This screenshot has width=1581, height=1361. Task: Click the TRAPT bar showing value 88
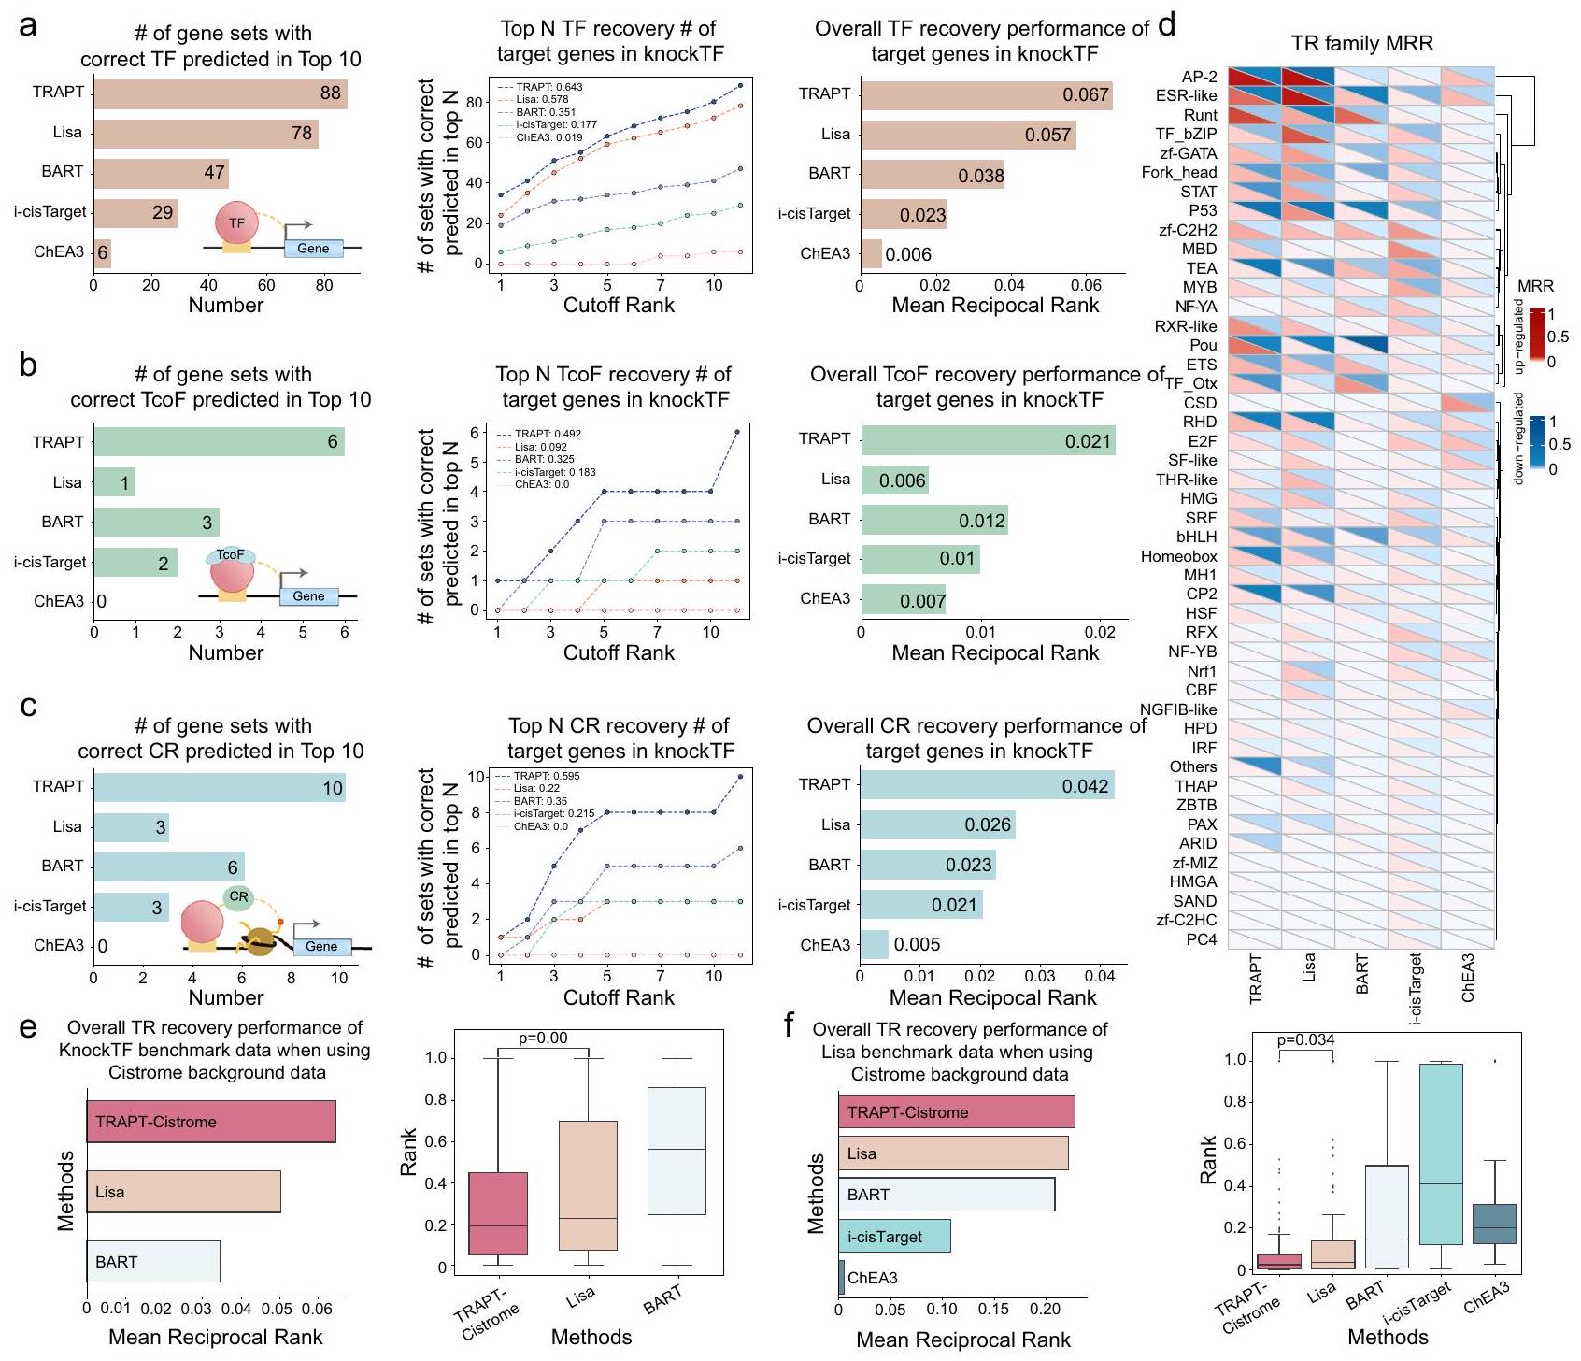point(221,93)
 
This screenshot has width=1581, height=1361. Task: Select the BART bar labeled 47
point(161,173)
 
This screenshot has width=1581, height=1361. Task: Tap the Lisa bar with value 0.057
point(967,135)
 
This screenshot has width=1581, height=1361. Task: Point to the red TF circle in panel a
point(235,223)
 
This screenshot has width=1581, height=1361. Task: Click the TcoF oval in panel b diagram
point(229,555)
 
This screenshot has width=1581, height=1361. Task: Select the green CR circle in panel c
point(238,897)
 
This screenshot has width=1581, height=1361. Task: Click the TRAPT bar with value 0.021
point(988,440)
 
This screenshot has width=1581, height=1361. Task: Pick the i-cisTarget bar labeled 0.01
point(920,559)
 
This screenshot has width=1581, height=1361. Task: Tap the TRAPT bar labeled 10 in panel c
point(220,787)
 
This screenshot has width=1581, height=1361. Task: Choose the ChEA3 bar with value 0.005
point(874,944)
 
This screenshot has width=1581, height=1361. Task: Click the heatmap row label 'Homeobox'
point(1178,556)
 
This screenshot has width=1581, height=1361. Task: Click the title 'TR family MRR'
point(1361,44)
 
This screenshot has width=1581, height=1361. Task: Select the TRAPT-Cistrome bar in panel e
point(210,1122)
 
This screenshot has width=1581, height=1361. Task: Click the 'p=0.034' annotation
point(1305,1039)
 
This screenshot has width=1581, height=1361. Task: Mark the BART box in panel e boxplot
point(676,1151)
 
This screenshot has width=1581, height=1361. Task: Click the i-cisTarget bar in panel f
point(894,1237)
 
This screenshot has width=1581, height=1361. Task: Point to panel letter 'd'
point(1166,25)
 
